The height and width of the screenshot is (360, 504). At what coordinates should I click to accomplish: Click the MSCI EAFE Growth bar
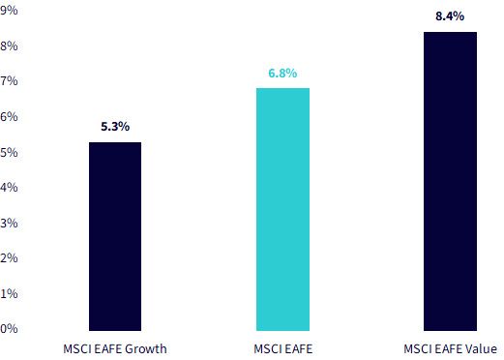pyautogui.click(x=115, y=236)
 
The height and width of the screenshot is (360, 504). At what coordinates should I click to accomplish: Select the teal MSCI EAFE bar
pyautogui.click(x=282, y=209)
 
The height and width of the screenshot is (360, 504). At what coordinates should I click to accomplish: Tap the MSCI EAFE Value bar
pyautogui.click(x=450, y=181)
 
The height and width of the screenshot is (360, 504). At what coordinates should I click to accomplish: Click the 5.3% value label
pyautogui.click(x=115, y=127)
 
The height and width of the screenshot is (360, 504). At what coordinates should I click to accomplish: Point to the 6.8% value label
pyautogui.click(x=282, y=73)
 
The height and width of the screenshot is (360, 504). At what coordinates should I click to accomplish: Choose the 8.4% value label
pyautogui.click(x=450, y=16)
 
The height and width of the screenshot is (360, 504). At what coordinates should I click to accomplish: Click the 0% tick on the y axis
pyautogui.click(x=9, y=329)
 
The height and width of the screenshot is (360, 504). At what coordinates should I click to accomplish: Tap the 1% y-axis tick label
pyautogui.click(x=9, y=293)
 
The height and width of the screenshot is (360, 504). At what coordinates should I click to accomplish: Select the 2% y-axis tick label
pyautogui.click(x=9, y=258)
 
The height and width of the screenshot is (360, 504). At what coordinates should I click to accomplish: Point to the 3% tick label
pyautogui.click(x=9, y=223)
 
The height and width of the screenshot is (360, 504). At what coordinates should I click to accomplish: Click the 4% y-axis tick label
pyautogui.click(x=9, y=188)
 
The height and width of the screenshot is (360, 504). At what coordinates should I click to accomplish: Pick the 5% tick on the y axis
pyautogui.click(x=9, y=152)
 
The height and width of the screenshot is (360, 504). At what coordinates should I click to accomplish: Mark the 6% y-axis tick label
pyautogui.click(x=9, y=117)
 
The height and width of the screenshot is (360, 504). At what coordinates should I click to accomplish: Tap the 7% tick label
pyautogui.click(x=9, y=80)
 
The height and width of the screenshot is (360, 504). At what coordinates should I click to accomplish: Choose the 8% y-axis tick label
pyautogui.click(x=9, y=46)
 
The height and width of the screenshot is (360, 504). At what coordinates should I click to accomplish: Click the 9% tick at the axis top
pyautogui.click(x=9, y=11)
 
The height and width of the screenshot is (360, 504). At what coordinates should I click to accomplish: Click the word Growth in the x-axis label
pyautogui.click(x=146, y=349)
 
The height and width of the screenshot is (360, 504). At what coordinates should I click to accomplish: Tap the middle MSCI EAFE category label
pyautogui.click(x=283, y=349)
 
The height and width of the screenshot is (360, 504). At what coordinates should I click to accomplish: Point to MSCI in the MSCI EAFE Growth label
pyautogui.click(x=77, y=349)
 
